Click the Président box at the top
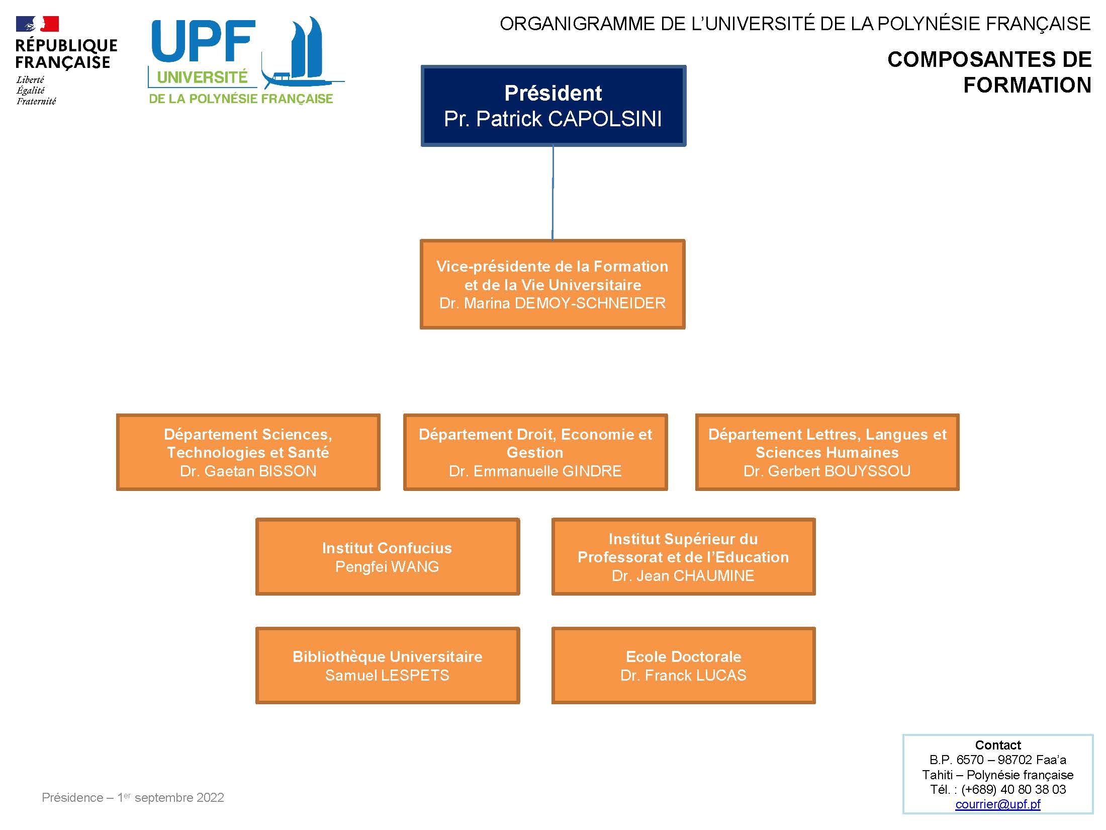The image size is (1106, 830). [x=553, y=106]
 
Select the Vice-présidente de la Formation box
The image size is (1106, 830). [x=552, y=284]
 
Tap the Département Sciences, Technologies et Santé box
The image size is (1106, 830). [x=248, y=452]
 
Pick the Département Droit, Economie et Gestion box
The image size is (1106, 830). [x=535, y=452]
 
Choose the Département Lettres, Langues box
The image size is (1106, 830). [x=827, y=452]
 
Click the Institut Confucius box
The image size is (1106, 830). [x=387, y=556]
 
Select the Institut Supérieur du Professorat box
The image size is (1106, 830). [x=683, y=556]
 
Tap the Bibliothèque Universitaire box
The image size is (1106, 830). [x=387, y=665]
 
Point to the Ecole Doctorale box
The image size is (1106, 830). [x=683, y=665]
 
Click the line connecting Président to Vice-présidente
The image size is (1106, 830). [x=553, y=193]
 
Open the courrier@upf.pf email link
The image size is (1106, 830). [x=997, y=804]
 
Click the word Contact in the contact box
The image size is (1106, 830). [x=998, y=745]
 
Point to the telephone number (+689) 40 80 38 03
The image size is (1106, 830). [x=1013, y=789]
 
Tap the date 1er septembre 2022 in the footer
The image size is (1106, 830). [x=170, y=797]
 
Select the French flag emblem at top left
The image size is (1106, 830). [x=37, y=24]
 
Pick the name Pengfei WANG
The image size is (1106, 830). [x=387, y=567]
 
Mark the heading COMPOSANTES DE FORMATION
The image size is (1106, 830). [x=989, y=72]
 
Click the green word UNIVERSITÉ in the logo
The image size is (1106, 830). [x=203, y=77]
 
